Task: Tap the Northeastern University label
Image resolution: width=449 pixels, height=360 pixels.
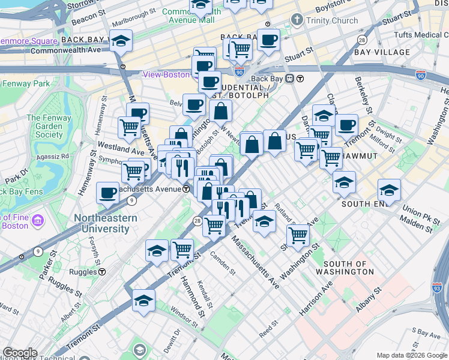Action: click(105, 223)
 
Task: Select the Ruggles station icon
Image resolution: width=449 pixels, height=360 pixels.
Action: click(102, 271)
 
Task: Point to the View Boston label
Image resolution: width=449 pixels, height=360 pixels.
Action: click(166, 75)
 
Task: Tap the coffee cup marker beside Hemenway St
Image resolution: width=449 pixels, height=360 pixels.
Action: click(108, 193)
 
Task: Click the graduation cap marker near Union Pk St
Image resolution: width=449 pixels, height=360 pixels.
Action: click(389, 190)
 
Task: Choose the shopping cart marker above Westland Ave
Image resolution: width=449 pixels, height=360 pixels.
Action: click(129, 127)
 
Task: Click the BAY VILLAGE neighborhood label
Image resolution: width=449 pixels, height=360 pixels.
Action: click(382, 52)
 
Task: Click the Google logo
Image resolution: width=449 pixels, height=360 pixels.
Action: click(20, 353)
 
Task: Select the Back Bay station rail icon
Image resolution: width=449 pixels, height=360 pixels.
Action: click(289, 78)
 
